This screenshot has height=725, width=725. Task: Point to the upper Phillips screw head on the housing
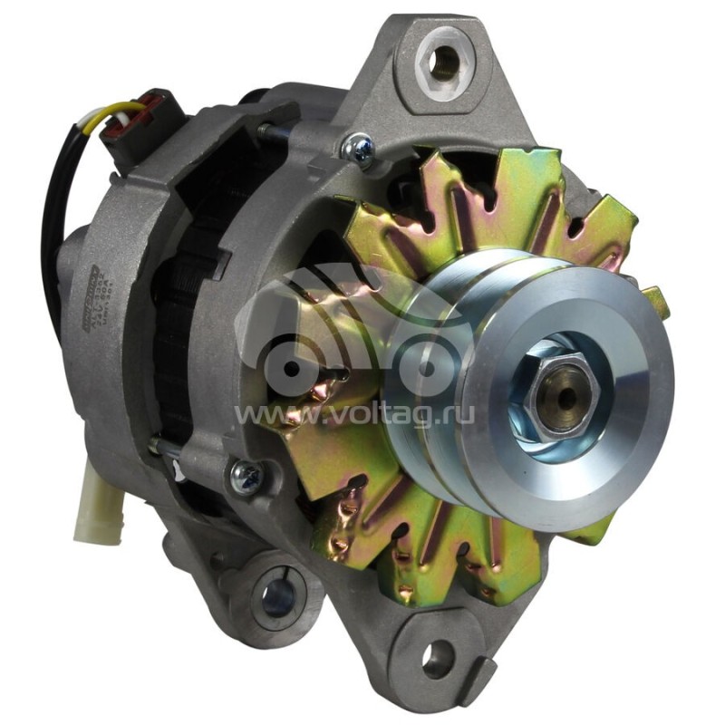click(x=360, y=147)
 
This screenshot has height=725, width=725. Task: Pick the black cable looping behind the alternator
click(x=49, y=227)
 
